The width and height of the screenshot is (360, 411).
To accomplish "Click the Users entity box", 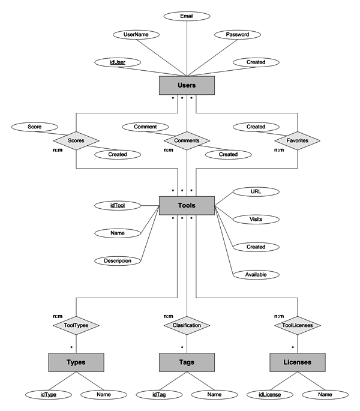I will point(187,86).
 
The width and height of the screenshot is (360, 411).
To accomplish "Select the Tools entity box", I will point(187,206).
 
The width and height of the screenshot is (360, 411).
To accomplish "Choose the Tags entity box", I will point(187,362).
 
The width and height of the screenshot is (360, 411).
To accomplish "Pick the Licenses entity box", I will point(298,362).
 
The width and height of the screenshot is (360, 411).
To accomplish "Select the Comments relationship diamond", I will point(187,141).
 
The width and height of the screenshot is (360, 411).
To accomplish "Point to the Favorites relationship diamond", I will point(298,141).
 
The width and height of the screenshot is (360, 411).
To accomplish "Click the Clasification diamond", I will point(187,326).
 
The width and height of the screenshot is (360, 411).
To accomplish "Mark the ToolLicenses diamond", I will point(298,326).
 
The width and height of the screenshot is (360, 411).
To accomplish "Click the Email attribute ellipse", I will point(187,16).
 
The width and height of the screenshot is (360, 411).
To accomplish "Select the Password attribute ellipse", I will point(237,35).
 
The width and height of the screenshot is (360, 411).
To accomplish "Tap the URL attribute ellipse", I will point(256,192).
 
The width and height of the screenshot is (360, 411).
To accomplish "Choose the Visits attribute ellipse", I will point(256,220).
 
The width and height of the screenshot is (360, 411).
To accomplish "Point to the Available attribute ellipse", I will point(256,274).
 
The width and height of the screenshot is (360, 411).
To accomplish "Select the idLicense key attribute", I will point(269,394).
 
